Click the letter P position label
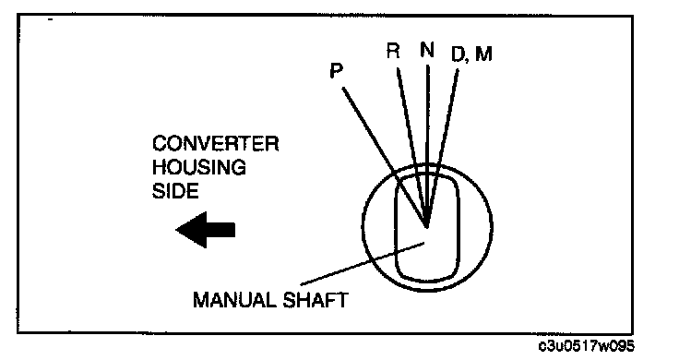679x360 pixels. (x=337, y=70)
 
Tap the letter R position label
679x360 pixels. (x=393, y=51)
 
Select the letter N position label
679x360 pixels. (x=427, y=50)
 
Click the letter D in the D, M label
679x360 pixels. (x=458, y=54)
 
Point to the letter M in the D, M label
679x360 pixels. (x=483, y=54)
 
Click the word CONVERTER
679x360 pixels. (x=215, y=144)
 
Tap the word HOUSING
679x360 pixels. (x=198, y=167)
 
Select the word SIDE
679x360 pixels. (x=175, y=191)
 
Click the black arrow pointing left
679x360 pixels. (x=205, y=230)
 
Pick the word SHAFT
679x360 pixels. (x=316, y=300)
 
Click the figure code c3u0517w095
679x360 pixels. (x=587, y=346)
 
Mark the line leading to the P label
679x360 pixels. (x=384, y=157)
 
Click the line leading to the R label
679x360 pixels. (x=411, y=148)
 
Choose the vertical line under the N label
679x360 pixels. (x=428, y=146)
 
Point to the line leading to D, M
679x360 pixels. (x=443, y=149)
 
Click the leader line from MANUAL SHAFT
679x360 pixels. (x=363, y=264)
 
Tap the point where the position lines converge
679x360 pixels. (x=427, y=226)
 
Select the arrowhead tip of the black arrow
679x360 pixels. (x=176, y=230)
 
